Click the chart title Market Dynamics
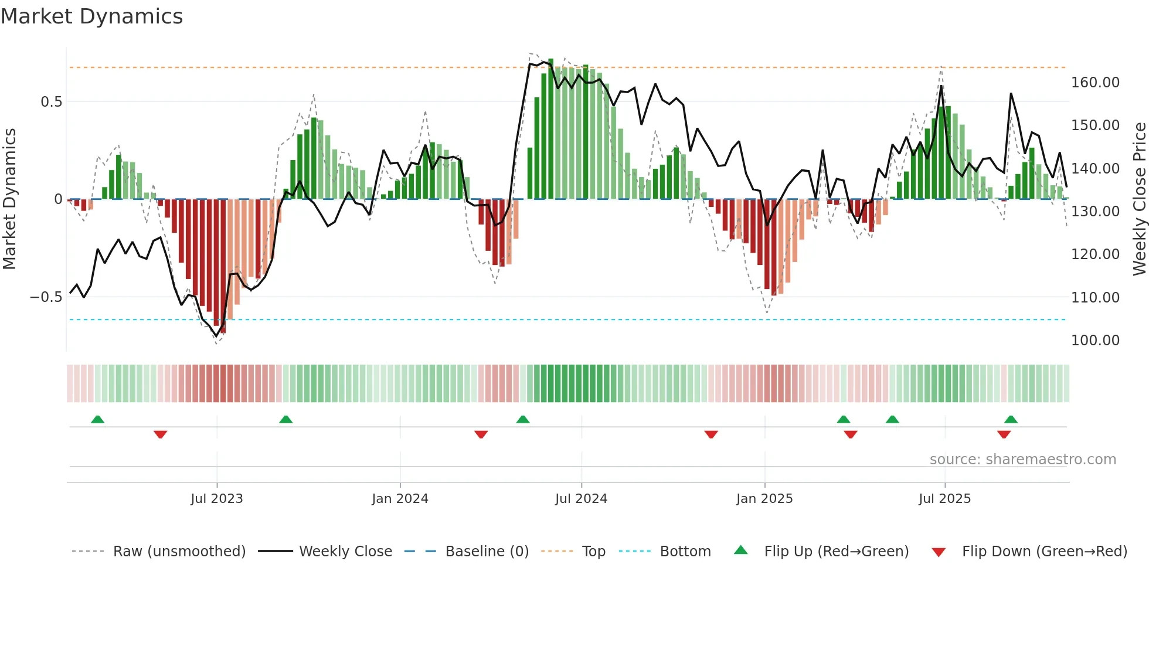click(x=91, y=16)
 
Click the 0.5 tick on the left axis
click(x=51, y=102)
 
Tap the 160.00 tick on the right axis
click(x=1095, y=83)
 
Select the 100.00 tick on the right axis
click(x=1095, y=341)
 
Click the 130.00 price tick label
click(x=1095, y=212)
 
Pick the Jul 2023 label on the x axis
click(x=216, y=499)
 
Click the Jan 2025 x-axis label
click(x=764, y=499)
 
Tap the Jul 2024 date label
click(x=581, y=499)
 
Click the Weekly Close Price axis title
click(x=1139, y=199)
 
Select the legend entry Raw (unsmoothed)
click(x=179, y=552)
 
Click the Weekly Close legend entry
click(x=345, y=552)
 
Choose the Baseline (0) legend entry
click(x=487, y=552)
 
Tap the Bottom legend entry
click(x=685, y=552)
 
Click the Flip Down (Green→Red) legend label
click(x=1044, y=552)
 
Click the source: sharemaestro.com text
click(x=1022, y=460)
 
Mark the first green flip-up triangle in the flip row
click(x=98, y=419)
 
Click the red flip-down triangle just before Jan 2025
click(x=711, y=434)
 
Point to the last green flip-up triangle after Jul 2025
click(x=1011, y=419)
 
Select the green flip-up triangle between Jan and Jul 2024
click(x=523, y=419)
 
